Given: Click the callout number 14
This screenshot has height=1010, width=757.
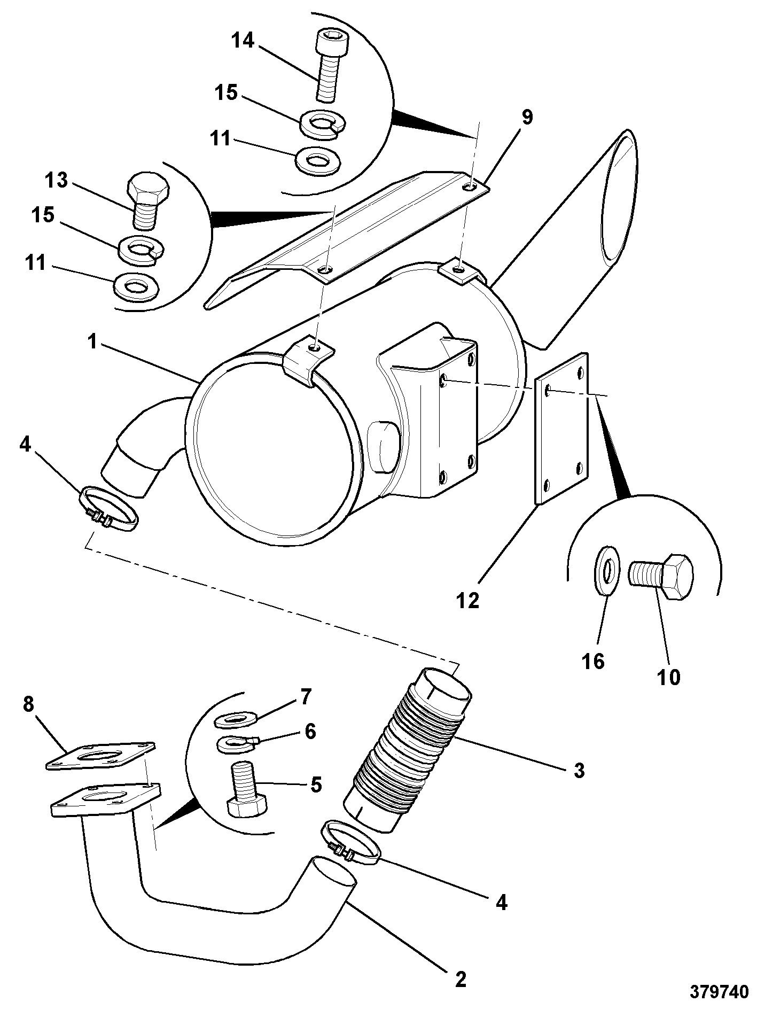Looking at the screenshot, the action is click(243, 41).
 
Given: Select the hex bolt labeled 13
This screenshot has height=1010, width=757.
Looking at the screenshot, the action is click(148, 199).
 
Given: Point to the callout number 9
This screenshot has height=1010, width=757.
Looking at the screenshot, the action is click(527, 117).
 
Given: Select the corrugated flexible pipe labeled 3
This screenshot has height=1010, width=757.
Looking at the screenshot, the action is click(407, 750).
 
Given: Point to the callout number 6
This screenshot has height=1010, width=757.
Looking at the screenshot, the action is click(309, 731).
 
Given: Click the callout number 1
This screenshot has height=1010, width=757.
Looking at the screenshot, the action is click(92, 341).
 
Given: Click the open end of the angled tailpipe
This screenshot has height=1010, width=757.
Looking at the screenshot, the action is click(619, 199).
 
